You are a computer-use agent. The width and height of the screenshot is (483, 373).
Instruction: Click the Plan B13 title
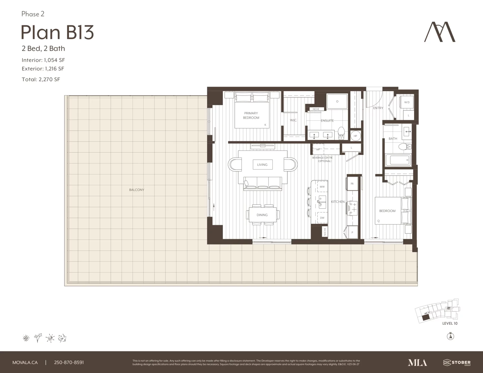(57, 32)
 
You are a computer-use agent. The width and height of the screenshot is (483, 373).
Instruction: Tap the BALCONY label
(137, 190)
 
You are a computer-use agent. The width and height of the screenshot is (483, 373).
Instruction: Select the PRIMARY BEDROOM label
(251, 115)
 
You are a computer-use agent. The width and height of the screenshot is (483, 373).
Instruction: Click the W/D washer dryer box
(407, 102)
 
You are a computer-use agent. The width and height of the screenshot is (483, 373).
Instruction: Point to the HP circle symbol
(355, 136)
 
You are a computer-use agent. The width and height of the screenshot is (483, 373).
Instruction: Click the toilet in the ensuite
(341, 133)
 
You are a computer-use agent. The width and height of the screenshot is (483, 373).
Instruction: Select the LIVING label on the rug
(262, 165)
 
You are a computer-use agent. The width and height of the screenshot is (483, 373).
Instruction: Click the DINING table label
(262, 215)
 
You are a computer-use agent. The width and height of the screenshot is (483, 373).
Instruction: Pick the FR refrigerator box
(352, 184)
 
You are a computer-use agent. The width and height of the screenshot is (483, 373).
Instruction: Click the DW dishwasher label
(322, 218)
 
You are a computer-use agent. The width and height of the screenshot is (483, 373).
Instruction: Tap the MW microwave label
(322, 187)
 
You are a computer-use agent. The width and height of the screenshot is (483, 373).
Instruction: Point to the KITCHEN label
(338, 202)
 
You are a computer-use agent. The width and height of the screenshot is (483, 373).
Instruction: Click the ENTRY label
(378, 108)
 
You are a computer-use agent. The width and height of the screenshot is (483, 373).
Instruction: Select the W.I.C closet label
(293, 120)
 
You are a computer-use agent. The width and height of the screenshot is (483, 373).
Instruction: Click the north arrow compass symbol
(450, 336)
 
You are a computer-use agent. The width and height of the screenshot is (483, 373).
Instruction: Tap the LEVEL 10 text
(450, 323)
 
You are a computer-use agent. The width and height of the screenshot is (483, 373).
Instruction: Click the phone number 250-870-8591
(69, 362)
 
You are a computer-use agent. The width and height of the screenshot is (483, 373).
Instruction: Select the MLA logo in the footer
(417, 362)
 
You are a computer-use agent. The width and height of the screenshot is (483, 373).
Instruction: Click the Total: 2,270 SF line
(41, 79)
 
